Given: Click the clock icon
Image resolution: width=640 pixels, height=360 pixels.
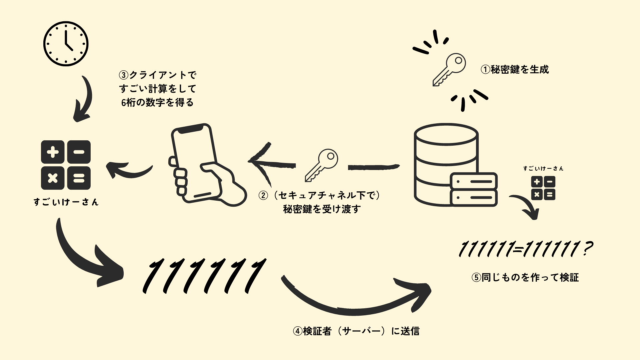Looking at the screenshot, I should pos(66,44).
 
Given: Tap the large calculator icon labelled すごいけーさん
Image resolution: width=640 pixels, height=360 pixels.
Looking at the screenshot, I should pos(66,165).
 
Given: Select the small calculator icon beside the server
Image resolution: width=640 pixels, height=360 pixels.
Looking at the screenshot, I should pos(543,188).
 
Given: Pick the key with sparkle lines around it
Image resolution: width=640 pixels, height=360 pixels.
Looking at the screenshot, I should pos(449,69).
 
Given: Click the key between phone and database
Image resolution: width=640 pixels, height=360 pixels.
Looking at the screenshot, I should pos(321,165).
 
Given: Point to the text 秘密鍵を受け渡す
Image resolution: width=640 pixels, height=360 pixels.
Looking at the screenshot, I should pos(322,209).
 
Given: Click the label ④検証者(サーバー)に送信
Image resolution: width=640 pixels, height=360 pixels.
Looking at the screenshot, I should pos(356,331).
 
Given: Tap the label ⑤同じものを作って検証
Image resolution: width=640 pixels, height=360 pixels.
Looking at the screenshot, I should pos(525,277).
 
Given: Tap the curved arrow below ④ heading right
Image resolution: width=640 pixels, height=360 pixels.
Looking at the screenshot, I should pos(357,300).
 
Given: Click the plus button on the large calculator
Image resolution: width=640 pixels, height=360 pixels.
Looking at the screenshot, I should pos(53,152).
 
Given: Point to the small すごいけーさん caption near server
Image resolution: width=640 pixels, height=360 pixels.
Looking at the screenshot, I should pos(543,169).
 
